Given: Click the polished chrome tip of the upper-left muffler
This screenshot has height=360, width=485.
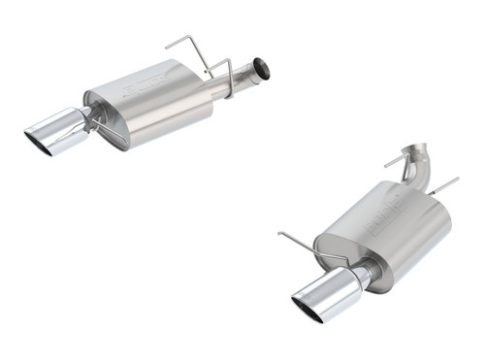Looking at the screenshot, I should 57,135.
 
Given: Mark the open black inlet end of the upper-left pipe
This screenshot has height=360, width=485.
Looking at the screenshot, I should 262,70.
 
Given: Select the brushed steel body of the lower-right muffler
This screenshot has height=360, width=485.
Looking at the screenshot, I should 388,233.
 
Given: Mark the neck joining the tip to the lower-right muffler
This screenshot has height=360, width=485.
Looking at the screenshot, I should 361,276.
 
